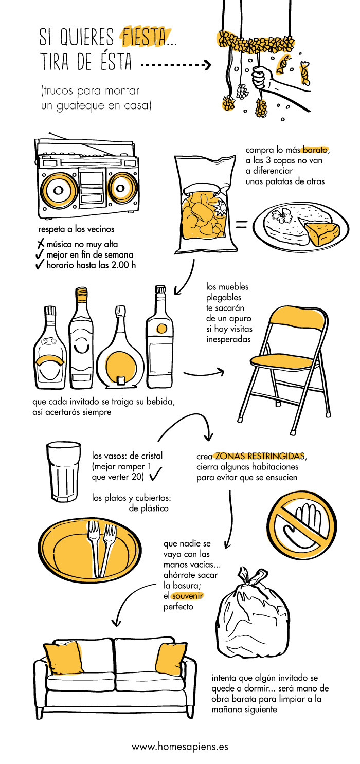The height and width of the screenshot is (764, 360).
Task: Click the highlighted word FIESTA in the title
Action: pos(144,37)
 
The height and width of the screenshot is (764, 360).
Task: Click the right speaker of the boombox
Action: pos(120,188)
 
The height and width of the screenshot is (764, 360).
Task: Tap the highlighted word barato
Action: pos(315,150)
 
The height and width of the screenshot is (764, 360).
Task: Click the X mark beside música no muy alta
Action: pos(41,244)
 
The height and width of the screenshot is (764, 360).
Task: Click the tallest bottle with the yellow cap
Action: pos(81,338)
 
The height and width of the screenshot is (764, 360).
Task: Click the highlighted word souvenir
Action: pos(187,596)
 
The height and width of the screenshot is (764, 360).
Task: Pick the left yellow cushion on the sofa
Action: pos(63,658)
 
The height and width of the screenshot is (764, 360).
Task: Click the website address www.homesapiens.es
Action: pos(180,747)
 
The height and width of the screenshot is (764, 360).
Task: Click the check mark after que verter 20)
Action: pos(156,474)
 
